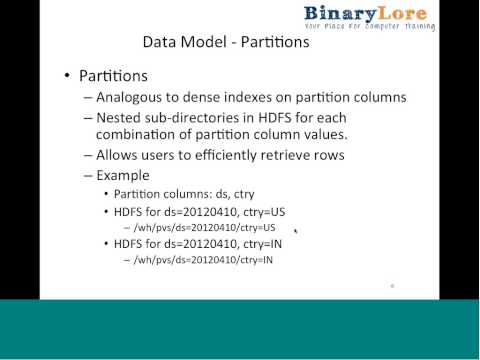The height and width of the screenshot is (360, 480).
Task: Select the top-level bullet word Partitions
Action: click(115, 77)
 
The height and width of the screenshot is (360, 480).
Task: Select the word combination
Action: click(141, 134)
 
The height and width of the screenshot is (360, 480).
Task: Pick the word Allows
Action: click(118, 155)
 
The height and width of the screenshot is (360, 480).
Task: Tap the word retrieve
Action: click(292, 155)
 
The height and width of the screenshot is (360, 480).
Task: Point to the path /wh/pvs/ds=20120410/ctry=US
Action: click(204, 227)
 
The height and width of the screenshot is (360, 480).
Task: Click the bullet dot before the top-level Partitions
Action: click(68, 77)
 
